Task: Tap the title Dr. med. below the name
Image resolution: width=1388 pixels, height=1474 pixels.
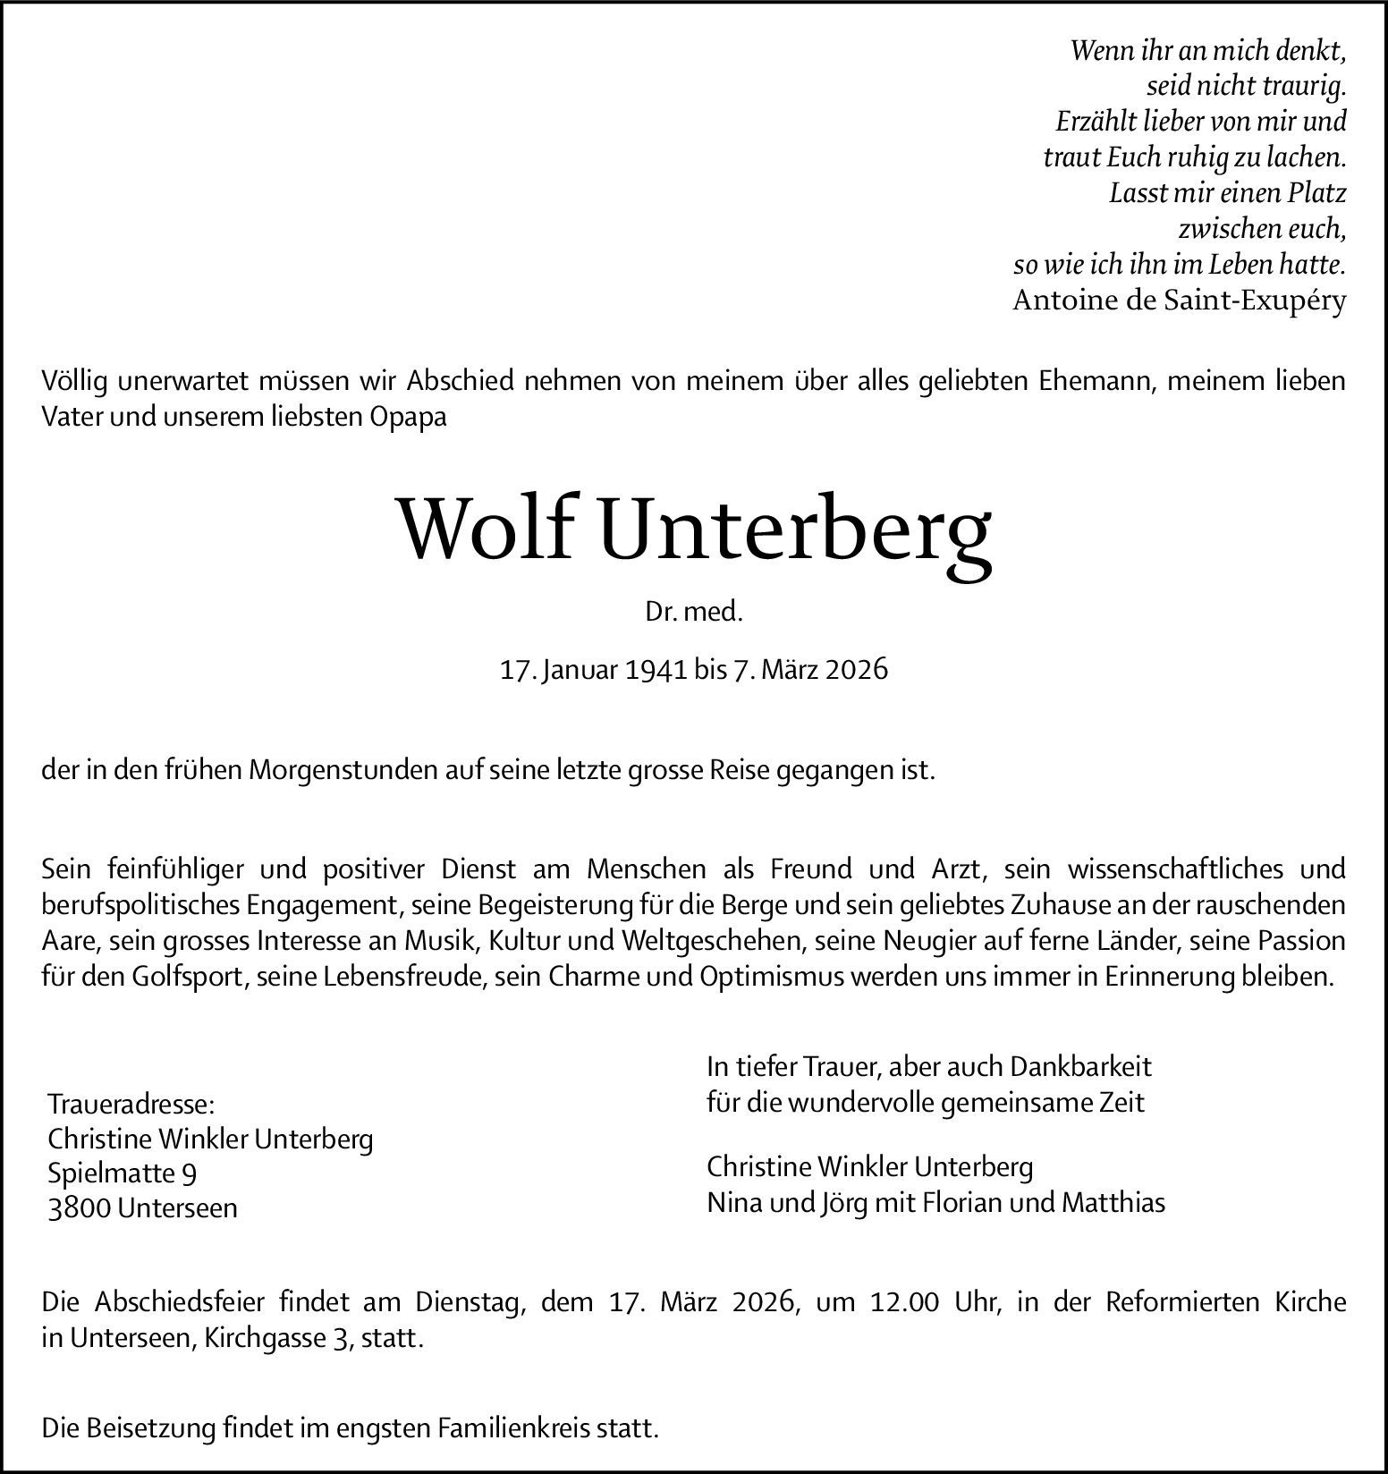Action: [x=694, y=613]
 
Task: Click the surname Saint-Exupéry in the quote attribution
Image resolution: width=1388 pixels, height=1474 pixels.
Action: [x=1255, y=301]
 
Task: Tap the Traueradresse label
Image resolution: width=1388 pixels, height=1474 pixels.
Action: [x=131, y=1104]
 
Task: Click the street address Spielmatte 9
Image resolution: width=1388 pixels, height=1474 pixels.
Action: [x=123, y=1173]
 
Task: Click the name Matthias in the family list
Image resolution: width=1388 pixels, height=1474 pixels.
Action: [x=1113, y=1203]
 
